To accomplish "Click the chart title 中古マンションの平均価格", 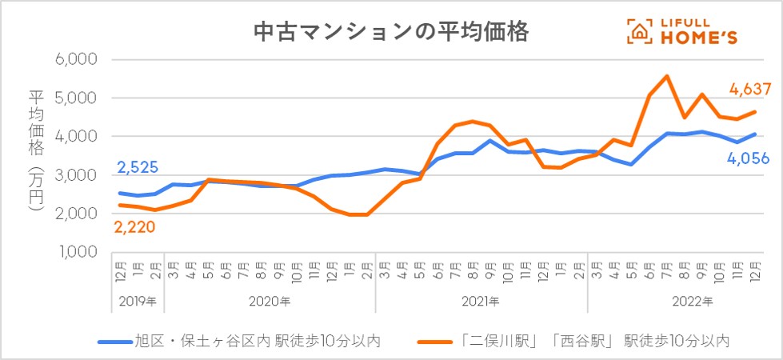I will tap(391, 31).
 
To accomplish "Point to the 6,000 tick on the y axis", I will tap(74, 59).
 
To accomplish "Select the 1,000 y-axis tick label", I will tap(74, 252).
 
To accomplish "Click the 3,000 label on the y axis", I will tap(74, 175).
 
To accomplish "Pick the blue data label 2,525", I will tap(138, 168).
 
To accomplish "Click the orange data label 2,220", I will tap(134, 227).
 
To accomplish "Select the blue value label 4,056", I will tap(747, 158).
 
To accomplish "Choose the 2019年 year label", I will tap(138, 302).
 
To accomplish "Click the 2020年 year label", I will tap(270, 302).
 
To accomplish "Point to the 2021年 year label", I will tap(481, 302).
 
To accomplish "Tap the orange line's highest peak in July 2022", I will tap(667, 76).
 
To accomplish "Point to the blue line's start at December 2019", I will tap(120, 193).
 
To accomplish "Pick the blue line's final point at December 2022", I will tap(755, 134).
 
